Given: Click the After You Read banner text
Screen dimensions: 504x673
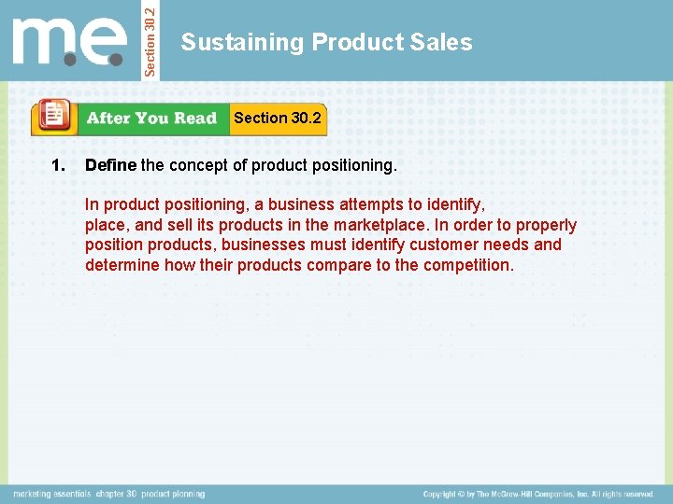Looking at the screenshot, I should click(x=150, y=119).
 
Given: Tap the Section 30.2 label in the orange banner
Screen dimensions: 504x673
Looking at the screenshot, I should click(x=277, y=118).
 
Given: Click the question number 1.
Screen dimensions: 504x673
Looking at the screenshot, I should click(x=59, y=166).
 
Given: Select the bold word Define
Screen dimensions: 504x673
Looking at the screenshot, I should click(x=110, y=166).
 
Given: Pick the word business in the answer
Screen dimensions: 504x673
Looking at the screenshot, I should click(x=302, y=203).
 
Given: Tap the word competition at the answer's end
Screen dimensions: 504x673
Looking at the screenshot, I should click(x=467, y=265).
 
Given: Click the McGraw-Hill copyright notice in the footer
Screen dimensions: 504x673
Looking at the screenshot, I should click(x=537, y=494).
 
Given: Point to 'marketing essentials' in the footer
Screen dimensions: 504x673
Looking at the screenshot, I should click(x=51, y=494).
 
